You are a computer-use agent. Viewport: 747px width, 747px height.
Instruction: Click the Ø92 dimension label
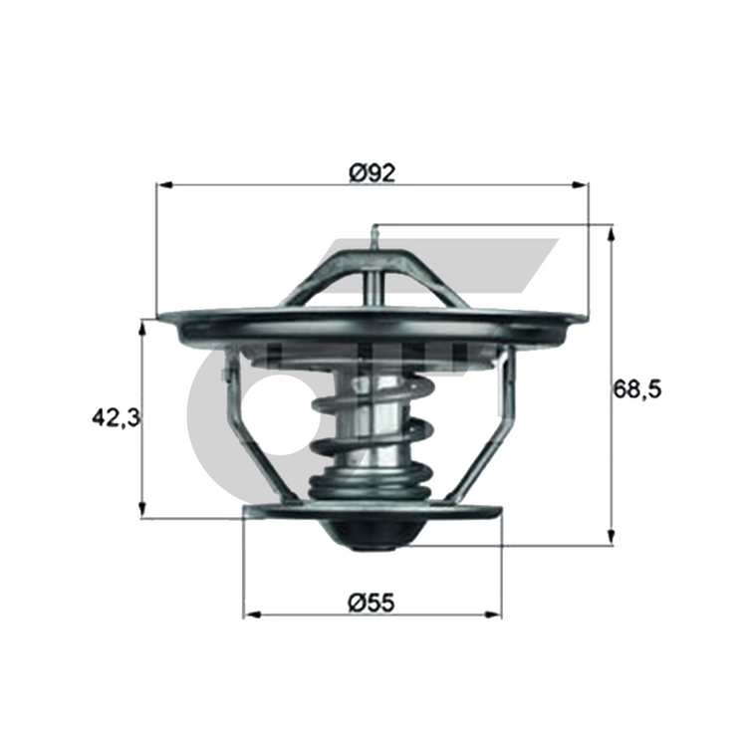click(373, 173)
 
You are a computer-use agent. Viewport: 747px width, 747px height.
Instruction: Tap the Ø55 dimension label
click(373, 603)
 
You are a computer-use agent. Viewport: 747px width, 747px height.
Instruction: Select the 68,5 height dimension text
click(637, 389)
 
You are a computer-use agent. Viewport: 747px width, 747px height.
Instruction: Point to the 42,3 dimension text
click(117, 417)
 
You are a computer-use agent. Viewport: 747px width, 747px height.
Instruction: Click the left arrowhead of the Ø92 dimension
click(164, 185)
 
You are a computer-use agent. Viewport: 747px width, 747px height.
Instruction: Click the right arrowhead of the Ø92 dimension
click(581, 185)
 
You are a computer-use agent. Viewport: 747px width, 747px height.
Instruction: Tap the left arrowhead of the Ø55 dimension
click(252, 615)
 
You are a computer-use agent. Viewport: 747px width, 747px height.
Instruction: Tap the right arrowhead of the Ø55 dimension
click(494, 615)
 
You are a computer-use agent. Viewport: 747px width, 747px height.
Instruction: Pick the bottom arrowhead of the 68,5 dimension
click(612, 537)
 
